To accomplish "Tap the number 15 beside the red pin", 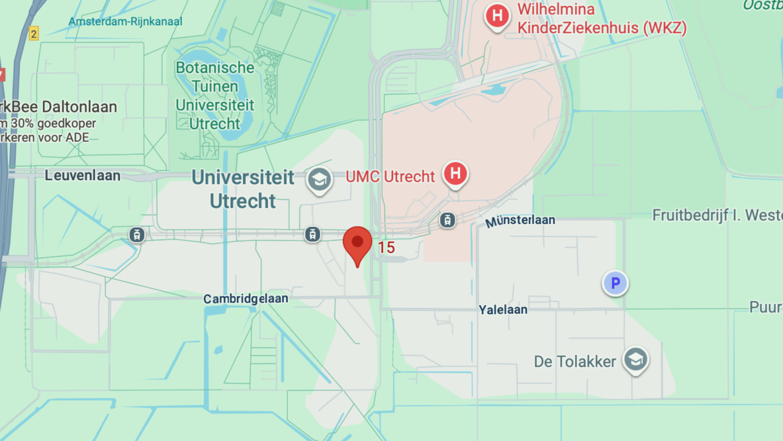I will (x=386, y=247).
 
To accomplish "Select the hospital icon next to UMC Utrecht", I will (x=455, y=174).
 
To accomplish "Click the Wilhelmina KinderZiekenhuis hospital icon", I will (x=497, y=16).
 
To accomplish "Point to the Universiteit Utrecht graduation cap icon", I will (x=319, y=180).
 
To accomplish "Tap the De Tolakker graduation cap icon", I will (x=635, y=360).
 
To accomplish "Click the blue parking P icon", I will (x=615, y=283).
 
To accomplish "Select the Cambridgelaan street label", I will (x=246, y=298).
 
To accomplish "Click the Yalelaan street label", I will (x=503, y=310).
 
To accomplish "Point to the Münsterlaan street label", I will (x=520, y=221).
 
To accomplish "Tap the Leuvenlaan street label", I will (x=82, y=175).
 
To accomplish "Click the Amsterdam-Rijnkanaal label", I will (x=125, y=22).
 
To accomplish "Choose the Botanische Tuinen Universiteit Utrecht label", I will (x=215, y=96).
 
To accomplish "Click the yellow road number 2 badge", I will (x=33, y=34).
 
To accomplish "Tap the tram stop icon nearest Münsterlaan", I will (x=447, y=220).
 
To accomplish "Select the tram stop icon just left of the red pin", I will (x=313, y=234).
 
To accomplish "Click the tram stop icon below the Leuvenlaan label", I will (x=137, y=235).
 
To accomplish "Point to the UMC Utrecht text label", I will (x=390, y=176).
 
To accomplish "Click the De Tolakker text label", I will (x=575, y=362).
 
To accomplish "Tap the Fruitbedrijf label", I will (x=717, y=215).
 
